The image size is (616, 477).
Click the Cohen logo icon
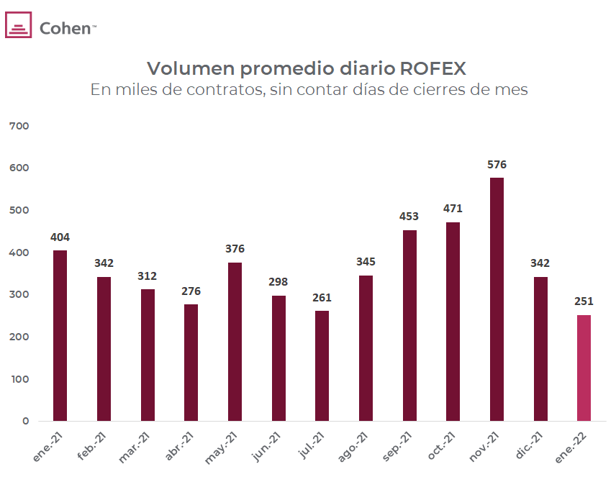click(x=19, y=26)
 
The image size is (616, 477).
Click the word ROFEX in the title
click(x=432, y=68)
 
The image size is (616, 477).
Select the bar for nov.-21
click(x=497, y=299)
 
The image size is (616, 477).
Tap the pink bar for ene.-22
click(x=584, y=368)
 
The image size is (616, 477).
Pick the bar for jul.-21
click(x=322, y=365)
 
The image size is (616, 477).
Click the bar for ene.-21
click(x=60, y=335)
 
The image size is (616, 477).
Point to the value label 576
click(x=497, y=164)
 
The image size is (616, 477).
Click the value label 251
click(x=584, y=301)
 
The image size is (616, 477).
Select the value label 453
click(x=409, y=216)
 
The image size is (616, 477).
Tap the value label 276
click(x=191, y=291)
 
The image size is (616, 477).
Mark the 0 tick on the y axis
click(x=24, y=422)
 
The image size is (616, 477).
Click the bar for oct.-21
click(x=453, y=322)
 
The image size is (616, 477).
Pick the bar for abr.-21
click(x=191, y=363)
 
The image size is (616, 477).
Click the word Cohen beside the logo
click(x=65, y=29)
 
